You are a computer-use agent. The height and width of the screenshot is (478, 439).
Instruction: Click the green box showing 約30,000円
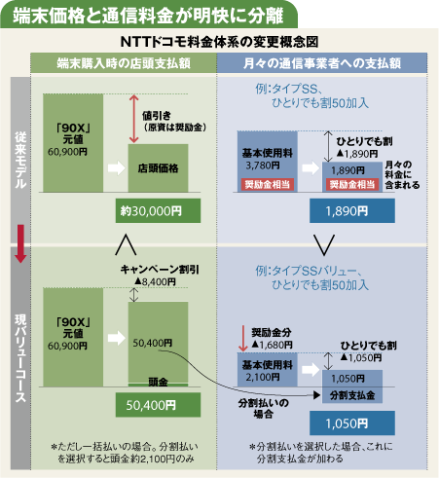coord(158,211)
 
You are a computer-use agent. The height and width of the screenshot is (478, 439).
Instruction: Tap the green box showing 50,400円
coord(158,405)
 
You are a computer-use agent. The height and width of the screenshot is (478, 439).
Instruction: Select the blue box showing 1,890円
coord(352,211)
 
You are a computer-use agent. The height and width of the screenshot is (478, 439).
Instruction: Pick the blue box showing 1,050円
coord(352,423)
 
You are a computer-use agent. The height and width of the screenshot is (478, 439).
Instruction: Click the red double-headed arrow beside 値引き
coord(133,119)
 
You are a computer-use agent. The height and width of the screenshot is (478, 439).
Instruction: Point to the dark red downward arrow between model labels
coord(20,243)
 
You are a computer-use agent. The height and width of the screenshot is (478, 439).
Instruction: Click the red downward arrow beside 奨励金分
coord(242,339)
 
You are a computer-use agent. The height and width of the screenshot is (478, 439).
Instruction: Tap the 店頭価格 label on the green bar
coord(158,168)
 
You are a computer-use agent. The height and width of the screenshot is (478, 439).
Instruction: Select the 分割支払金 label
coord(352,395)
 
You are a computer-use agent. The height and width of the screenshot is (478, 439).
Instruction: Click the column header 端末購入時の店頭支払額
coord(124,63)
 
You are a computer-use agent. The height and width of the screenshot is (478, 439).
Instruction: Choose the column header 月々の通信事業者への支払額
coord(322,63)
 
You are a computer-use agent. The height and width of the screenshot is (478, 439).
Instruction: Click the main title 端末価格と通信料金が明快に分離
coord(148,16)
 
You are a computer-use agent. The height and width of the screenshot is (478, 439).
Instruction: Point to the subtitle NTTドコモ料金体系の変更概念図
coord(219,42)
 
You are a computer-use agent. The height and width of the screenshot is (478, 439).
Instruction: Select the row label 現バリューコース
coord(20,358)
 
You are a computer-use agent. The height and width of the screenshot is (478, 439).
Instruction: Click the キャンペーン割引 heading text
coord(160,270)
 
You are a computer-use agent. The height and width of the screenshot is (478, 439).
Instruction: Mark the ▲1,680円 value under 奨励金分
coord(272,345)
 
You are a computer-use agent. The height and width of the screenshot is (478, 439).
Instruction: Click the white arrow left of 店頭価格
coord(117,168)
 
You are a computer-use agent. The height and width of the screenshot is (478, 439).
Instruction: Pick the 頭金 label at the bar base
coord(158,382)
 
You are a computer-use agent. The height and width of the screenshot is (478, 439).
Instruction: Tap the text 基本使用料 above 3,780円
coord(267,153)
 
